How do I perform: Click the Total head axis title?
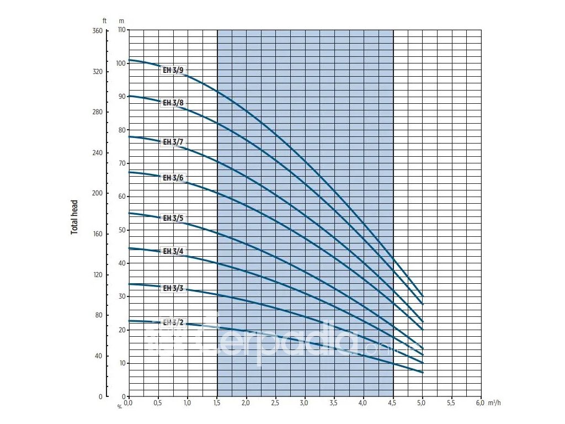74,217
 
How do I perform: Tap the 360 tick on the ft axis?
97,31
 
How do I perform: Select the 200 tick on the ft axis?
97,193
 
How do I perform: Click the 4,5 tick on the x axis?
392,404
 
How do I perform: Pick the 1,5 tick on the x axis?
217,404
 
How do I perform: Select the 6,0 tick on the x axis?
479,404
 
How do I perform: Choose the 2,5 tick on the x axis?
275,404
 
